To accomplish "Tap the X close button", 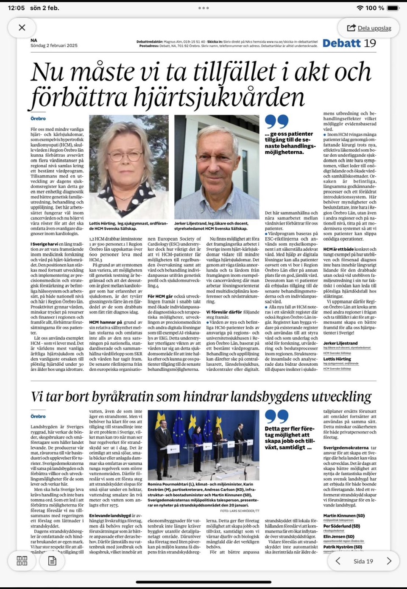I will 22,28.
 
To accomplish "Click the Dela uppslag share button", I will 369,28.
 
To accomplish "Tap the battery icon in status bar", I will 393,8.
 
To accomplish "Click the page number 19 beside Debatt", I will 370,43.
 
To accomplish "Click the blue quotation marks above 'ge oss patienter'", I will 276,121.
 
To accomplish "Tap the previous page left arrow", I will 338,561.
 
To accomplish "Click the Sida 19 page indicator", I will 363,561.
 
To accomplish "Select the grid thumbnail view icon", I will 22,561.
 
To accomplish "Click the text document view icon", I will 52,561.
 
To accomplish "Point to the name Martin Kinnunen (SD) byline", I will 344,516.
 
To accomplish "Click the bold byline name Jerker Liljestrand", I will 340,343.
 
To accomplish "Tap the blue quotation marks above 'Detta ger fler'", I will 276,416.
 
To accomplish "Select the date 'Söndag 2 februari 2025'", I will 54,45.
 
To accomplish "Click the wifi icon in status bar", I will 360,8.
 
